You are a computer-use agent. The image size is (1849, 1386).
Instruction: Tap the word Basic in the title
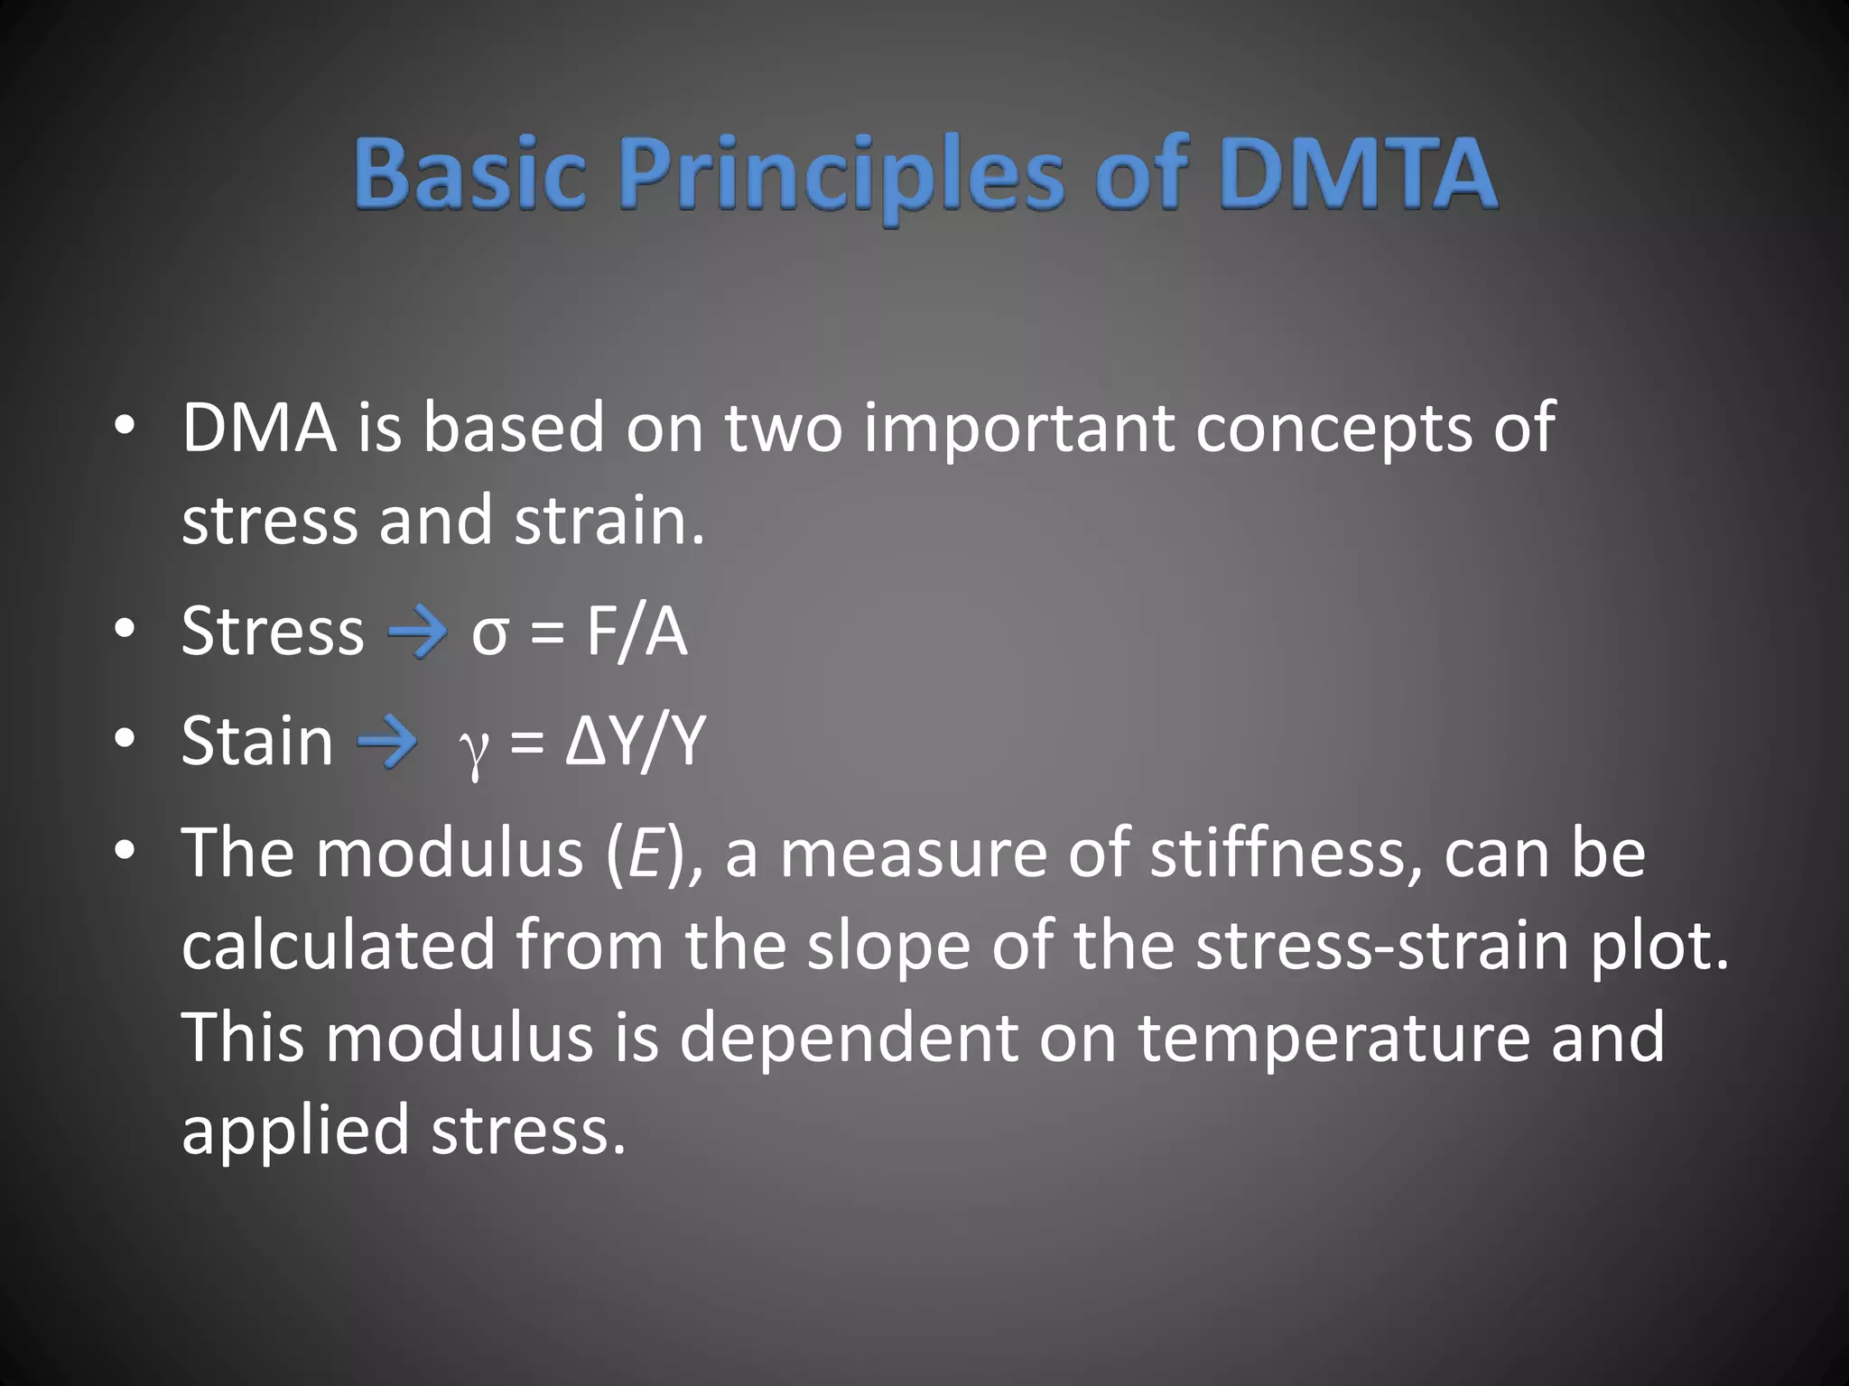tap(469, 173)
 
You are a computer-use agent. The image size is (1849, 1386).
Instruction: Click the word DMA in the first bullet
tap(259, 427)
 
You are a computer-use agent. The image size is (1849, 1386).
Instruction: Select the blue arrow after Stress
tap(417, 632)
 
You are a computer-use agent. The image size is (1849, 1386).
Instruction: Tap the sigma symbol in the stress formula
tap(489, 634)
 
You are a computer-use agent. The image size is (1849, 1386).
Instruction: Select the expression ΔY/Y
tap(634, 742)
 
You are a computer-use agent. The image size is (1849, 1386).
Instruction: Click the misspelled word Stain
tap(257, 742)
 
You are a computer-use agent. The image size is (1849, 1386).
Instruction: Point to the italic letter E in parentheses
tap(645, 854)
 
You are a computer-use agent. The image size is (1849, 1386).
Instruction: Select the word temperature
tap(1334, 1039)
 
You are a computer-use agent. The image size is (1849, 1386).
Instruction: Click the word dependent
tap(849, 1038)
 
